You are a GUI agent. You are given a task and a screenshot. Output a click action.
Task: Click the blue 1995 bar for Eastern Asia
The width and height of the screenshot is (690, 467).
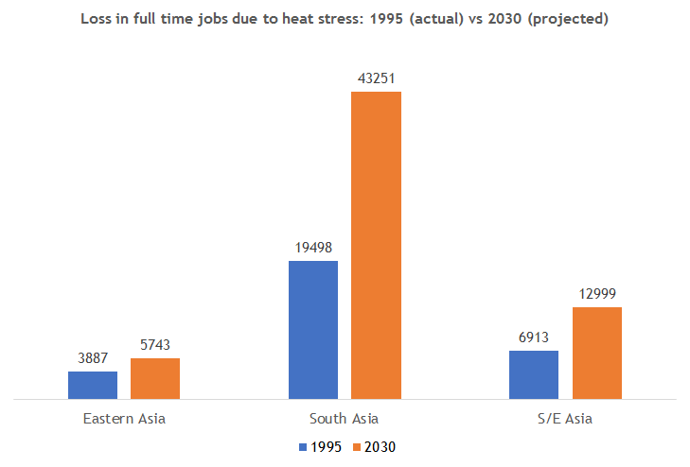click(x=93, y=385)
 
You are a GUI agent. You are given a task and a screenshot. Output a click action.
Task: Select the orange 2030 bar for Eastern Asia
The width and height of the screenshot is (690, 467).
click(x=155, y=378)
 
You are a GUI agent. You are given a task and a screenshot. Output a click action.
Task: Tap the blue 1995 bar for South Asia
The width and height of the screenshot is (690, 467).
click(x=313, y=329)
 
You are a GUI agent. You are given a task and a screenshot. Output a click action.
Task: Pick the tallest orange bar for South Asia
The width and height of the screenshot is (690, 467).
click(x=376, y=245)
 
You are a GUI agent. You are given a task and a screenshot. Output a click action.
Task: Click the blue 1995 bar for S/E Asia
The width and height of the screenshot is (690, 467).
click(x=534, y=374)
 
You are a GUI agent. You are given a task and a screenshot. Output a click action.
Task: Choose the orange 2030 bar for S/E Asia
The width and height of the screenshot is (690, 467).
click(x=596, y=353)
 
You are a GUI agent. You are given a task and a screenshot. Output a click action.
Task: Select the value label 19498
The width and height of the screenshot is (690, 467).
click(x=313, y=249)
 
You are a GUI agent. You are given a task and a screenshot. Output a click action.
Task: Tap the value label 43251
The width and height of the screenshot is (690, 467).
click(x=376, y=79)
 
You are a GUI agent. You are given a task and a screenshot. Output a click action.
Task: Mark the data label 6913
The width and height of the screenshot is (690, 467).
click(x=534, y=338)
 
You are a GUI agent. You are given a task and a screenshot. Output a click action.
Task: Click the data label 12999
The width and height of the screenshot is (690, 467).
click(x=596, y=295)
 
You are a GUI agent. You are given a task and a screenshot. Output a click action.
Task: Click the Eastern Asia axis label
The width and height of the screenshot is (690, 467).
click(x=124, y=418)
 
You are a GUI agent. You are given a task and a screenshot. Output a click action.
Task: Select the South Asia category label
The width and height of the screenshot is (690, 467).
click(x=345, y=418)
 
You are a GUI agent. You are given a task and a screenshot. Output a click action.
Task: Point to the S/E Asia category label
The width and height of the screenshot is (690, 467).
click(x=565, y=418)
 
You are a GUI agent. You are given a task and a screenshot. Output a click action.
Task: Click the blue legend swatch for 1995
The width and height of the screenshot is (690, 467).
click(x=303, y=447)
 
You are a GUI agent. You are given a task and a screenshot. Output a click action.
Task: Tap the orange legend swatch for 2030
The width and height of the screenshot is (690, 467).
click(x=357, y=447)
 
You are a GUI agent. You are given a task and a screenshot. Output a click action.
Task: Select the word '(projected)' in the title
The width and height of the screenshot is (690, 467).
click(x=568, y=19)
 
